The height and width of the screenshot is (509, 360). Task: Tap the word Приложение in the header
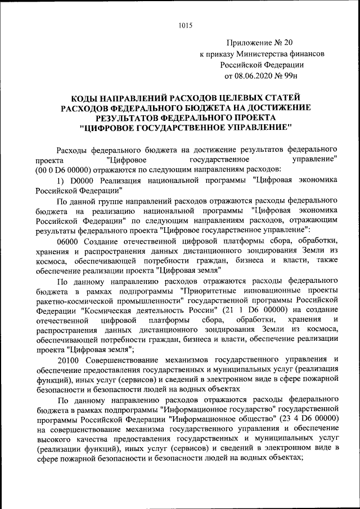pyautogui.click(x=246, y=42)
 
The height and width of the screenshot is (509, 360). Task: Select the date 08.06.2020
pyautogui.click(x=256, y=75)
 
